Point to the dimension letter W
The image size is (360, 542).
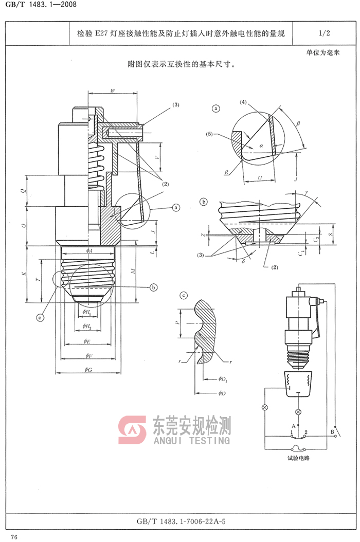pos(113,91)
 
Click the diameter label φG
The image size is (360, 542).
pos(88,370)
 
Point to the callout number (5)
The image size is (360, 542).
pos(210,134)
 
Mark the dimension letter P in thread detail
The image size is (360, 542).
pos(176,324)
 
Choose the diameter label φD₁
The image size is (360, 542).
pos(223,379)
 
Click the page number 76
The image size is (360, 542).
pos(14,537)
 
